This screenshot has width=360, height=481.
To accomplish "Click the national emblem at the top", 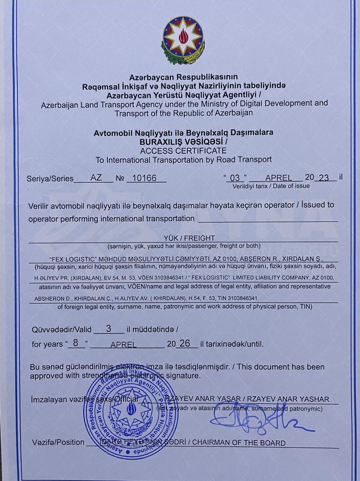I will click(x=183, y=40).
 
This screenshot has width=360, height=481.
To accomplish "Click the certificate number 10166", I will click(x=145, y=178).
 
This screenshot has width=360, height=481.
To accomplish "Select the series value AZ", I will click(x=96, y=178).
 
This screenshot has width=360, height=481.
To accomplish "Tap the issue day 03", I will click(x=235, y=178).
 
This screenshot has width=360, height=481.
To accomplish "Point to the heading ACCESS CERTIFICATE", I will click(x=183, y=151).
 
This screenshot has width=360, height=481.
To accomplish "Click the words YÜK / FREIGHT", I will click(x=189, y=238).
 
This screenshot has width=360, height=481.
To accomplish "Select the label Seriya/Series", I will click(x=50, y=178).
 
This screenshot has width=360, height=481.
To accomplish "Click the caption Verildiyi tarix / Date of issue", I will click(x=271, y=186).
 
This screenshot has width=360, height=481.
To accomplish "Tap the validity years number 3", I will click(x=108, y=329).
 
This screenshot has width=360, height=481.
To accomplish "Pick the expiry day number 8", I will click(x=76, y=343).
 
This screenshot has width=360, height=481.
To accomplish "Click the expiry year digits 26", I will click(x=185, y=343).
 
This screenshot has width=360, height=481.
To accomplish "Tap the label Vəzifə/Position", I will click(x=58, y=442).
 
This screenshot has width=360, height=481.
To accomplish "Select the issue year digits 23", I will click(x=324, y=178).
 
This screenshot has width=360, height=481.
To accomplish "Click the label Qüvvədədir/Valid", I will click(x=62, y=330).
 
